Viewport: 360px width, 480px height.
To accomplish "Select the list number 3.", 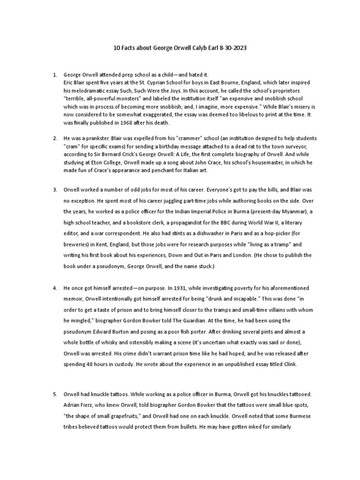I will click(x=55, y=189).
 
